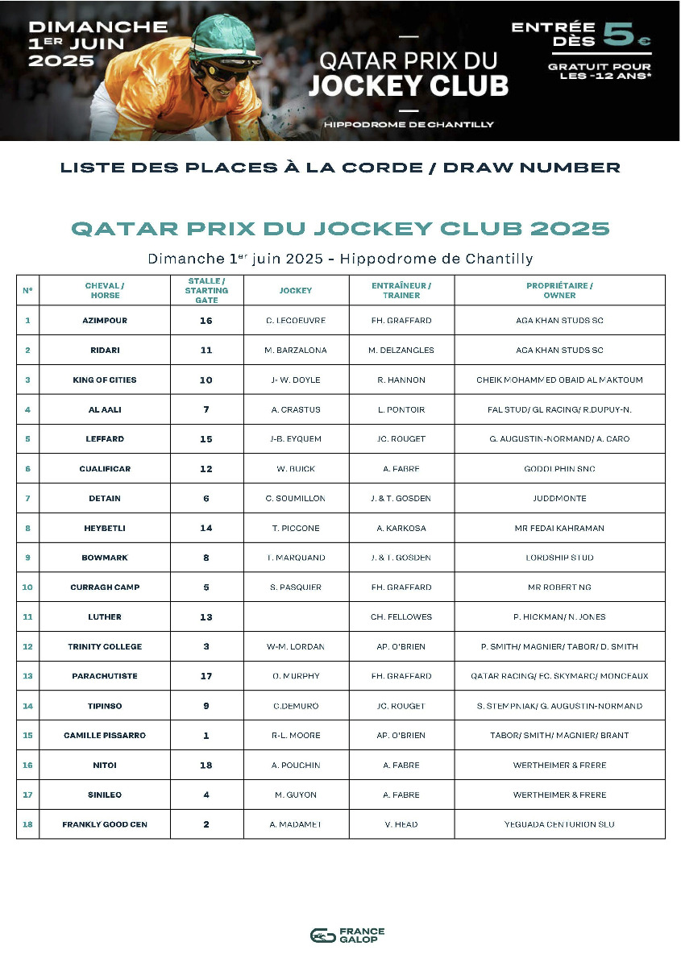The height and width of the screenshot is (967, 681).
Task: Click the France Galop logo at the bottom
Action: point(347,935)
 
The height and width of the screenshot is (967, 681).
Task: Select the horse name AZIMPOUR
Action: point(104,321)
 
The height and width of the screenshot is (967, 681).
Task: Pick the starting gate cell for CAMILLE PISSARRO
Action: point(206,736)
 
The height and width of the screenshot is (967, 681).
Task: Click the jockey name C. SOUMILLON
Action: point(296,499)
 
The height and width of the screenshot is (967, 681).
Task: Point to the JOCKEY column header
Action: point(296,290)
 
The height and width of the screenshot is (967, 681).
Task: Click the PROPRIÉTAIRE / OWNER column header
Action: point(559,290)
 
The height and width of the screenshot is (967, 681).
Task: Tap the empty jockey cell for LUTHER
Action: point(296,617)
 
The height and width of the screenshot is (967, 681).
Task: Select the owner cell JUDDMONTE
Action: point(559,499)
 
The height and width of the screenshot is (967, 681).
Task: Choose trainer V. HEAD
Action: point(401,824)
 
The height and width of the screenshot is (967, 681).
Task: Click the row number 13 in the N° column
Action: point(27,676)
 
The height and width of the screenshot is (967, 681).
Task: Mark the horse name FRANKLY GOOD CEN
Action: point(104,824)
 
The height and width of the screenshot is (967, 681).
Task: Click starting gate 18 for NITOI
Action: point(206,766)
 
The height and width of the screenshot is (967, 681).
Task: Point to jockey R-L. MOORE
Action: point(296,736)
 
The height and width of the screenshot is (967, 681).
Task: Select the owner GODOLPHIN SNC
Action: point(559,469)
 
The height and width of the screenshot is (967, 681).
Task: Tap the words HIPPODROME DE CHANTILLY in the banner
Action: point(409,124)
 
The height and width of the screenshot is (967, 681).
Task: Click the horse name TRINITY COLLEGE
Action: point(104,647)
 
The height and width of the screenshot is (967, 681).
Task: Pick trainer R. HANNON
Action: point(401,380)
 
